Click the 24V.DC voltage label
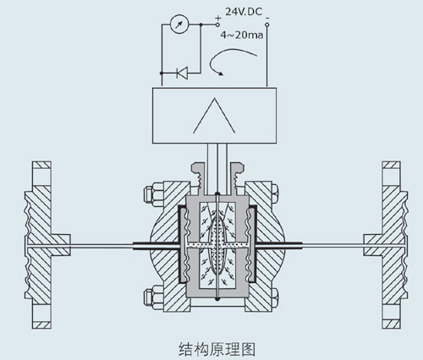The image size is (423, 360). point(244,12)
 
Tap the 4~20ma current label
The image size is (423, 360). point(242,35)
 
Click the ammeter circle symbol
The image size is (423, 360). point(179,25)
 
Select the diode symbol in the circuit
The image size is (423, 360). point(182,73)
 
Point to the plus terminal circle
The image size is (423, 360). point(217,25)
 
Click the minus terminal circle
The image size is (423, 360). point(267,25)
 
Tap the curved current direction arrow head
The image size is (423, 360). point(221,74)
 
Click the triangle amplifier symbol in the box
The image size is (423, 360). point(214,116)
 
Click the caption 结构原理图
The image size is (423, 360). point(217,349)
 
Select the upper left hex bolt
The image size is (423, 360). point(153,194)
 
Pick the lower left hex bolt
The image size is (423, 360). point(153,297)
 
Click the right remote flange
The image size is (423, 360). point(386,245)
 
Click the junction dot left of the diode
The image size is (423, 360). point(162,73)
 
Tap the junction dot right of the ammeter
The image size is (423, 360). point(201,25)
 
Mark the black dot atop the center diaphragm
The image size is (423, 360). point(217,194)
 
